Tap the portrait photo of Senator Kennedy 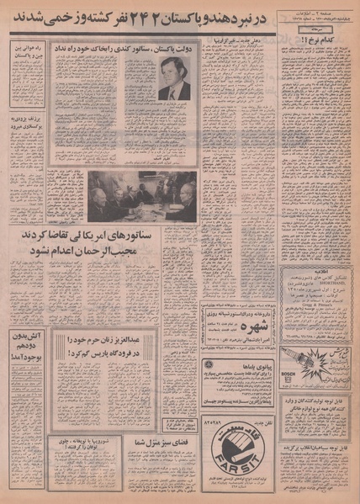tap(174, 80)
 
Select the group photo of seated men tap(143, 196)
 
